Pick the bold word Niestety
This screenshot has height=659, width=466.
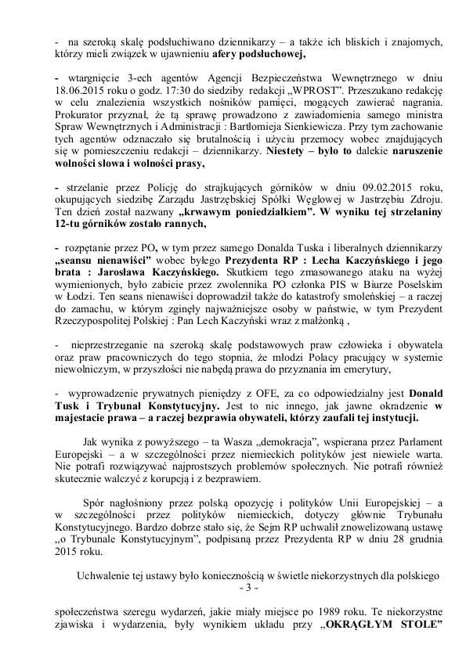290,152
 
